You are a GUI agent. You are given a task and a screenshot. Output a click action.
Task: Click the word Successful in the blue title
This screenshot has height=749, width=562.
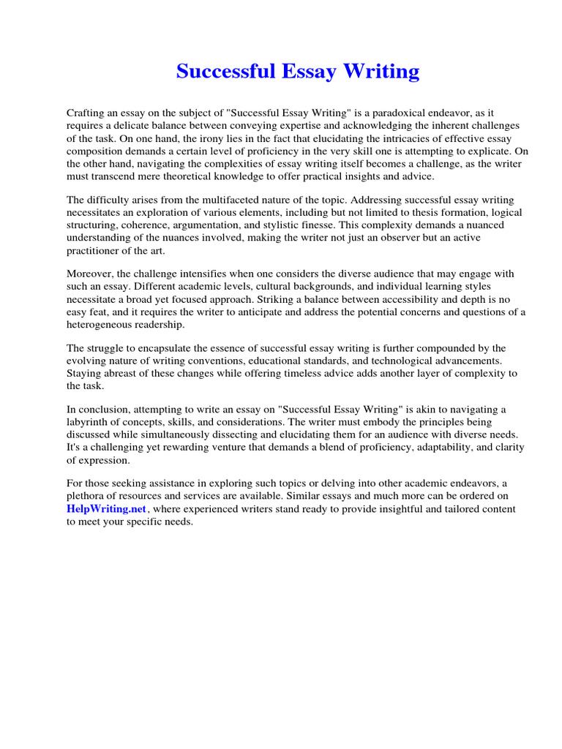pos(224,72)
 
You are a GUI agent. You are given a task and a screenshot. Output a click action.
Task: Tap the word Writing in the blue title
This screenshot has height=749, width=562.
pos(381,72)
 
